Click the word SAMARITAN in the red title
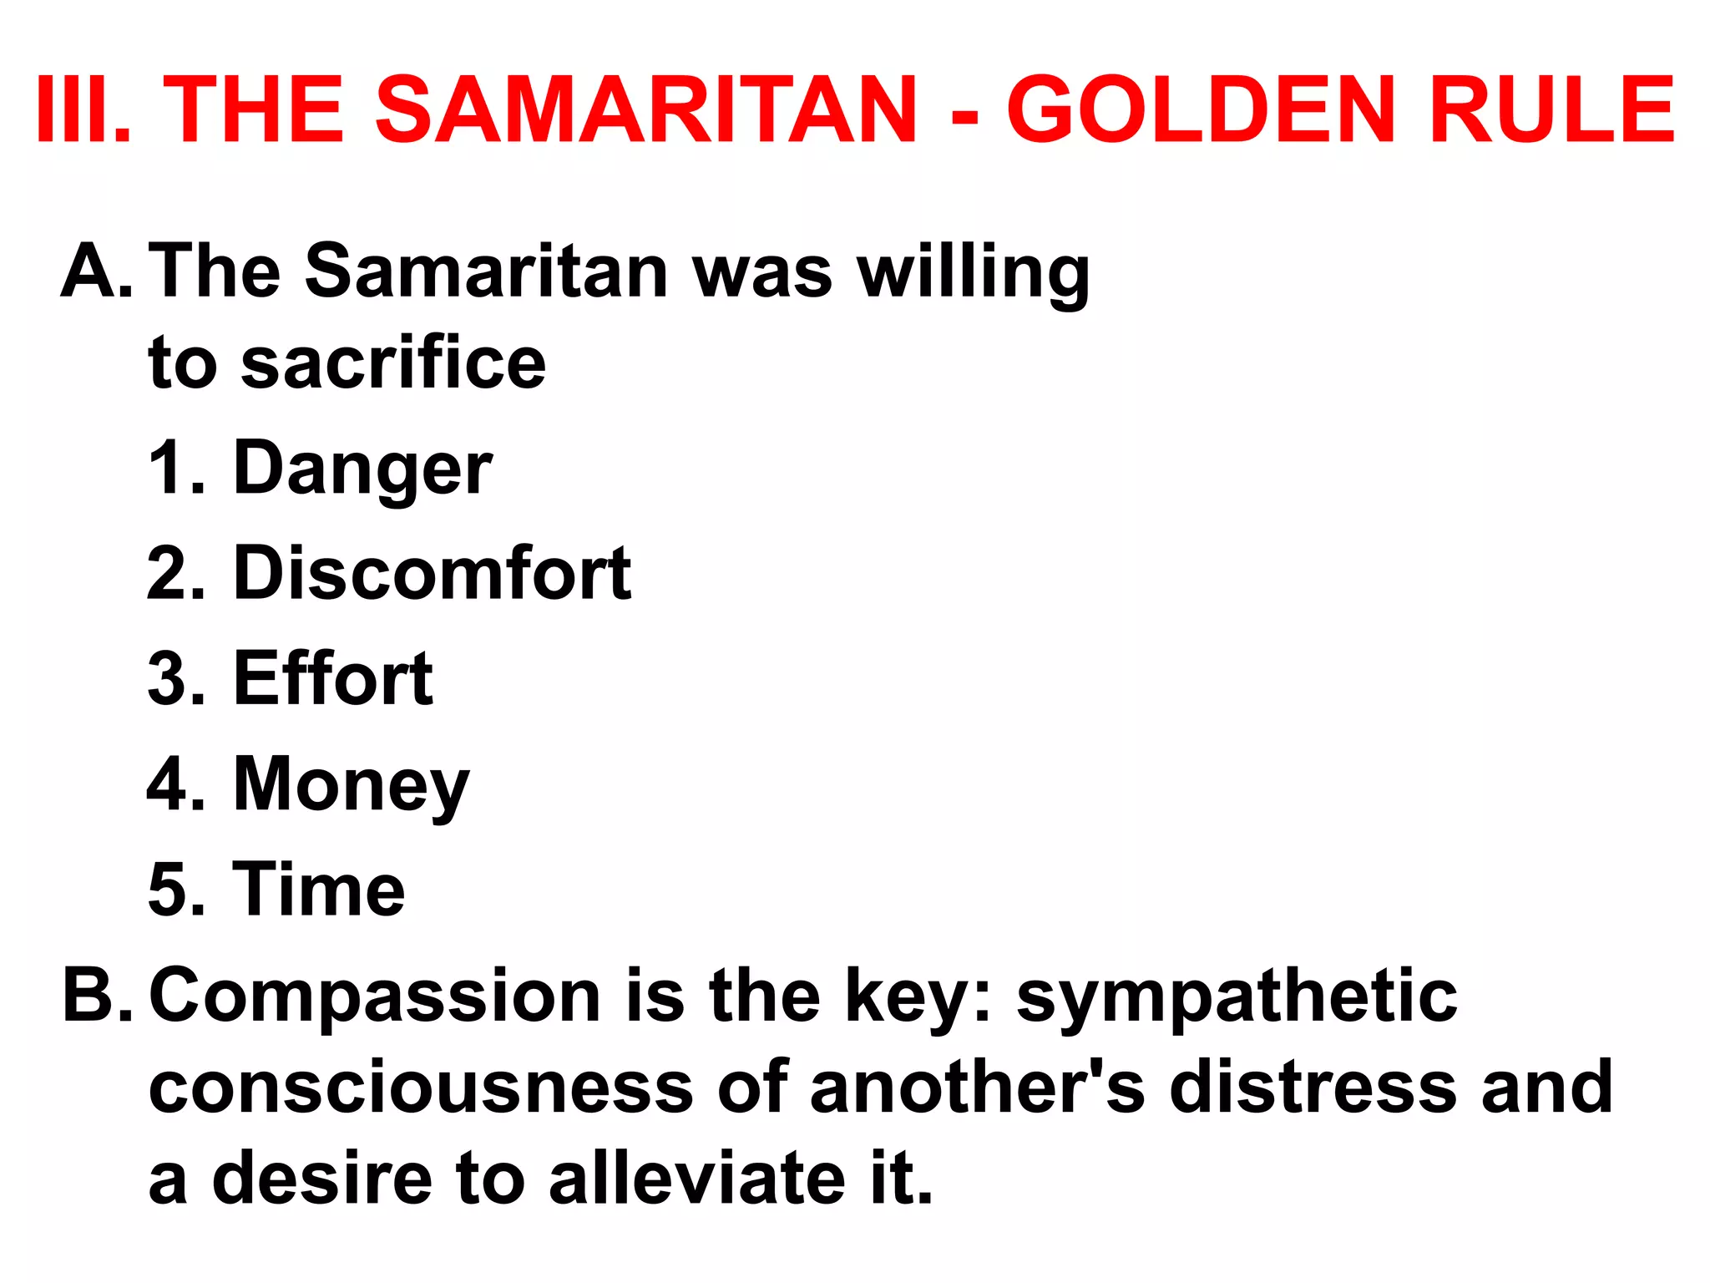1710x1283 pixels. pos(646,110)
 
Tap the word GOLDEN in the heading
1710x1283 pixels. pos(1201,110)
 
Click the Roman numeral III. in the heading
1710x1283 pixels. pos(83,110)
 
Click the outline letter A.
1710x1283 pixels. pos(95,271)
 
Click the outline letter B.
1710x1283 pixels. pos(95,996)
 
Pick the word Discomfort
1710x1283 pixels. pos(432,573)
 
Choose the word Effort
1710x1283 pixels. pos(332,678)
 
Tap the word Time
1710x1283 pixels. pos(318,890)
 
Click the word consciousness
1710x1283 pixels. pos(421,1088)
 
